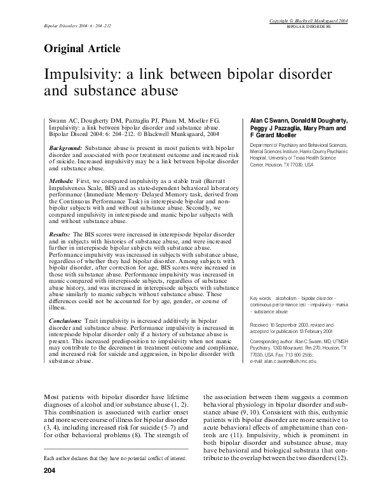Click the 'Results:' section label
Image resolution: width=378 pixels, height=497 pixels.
click(x=62, y=235)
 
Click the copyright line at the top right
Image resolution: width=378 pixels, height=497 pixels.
click(x=313, y=22)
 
